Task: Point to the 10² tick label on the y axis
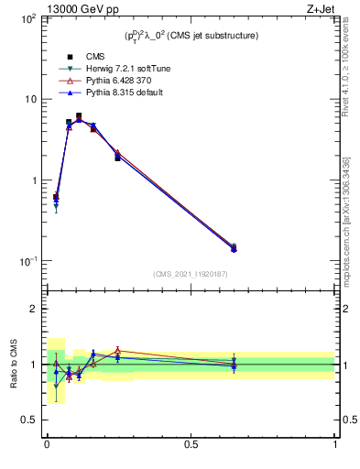[27, 18]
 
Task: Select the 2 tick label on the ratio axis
[33, 310]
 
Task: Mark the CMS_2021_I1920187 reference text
[191, 274]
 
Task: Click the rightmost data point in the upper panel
[234, 247]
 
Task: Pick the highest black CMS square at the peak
[79, 116]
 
